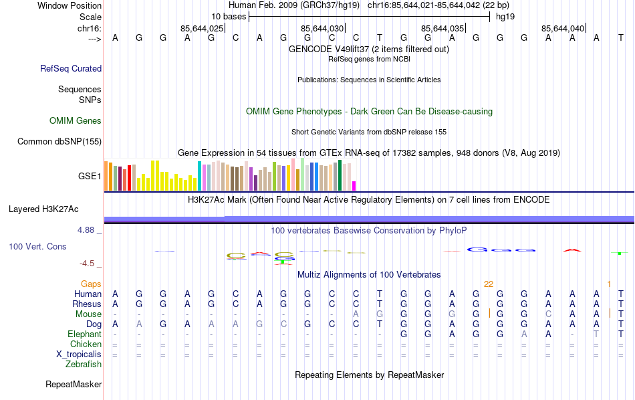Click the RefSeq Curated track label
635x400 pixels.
[71, 68]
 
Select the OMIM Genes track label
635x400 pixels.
[76, 121]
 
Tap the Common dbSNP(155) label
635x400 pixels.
[59, 141]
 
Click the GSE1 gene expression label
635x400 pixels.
[90, 177]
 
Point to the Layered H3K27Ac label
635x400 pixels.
[43, 209]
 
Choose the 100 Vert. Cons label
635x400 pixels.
[37, 247]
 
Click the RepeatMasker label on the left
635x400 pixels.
[74, 385]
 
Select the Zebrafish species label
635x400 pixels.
[84, 365]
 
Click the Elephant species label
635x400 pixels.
[84, 334]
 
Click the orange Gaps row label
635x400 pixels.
[91, 284]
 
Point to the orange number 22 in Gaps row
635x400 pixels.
[489, 284]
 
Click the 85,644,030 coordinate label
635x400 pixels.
[322, 29]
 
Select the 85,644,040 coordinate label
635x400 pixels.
[563, 29]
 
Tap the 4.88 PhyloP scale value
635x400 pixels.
[87, 230]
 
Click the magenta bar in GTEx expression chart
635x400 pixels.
[354, 185]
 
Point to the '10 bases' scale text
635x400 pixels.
[229, 16]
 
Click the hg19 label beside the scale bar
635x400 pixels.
[506, 16]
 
